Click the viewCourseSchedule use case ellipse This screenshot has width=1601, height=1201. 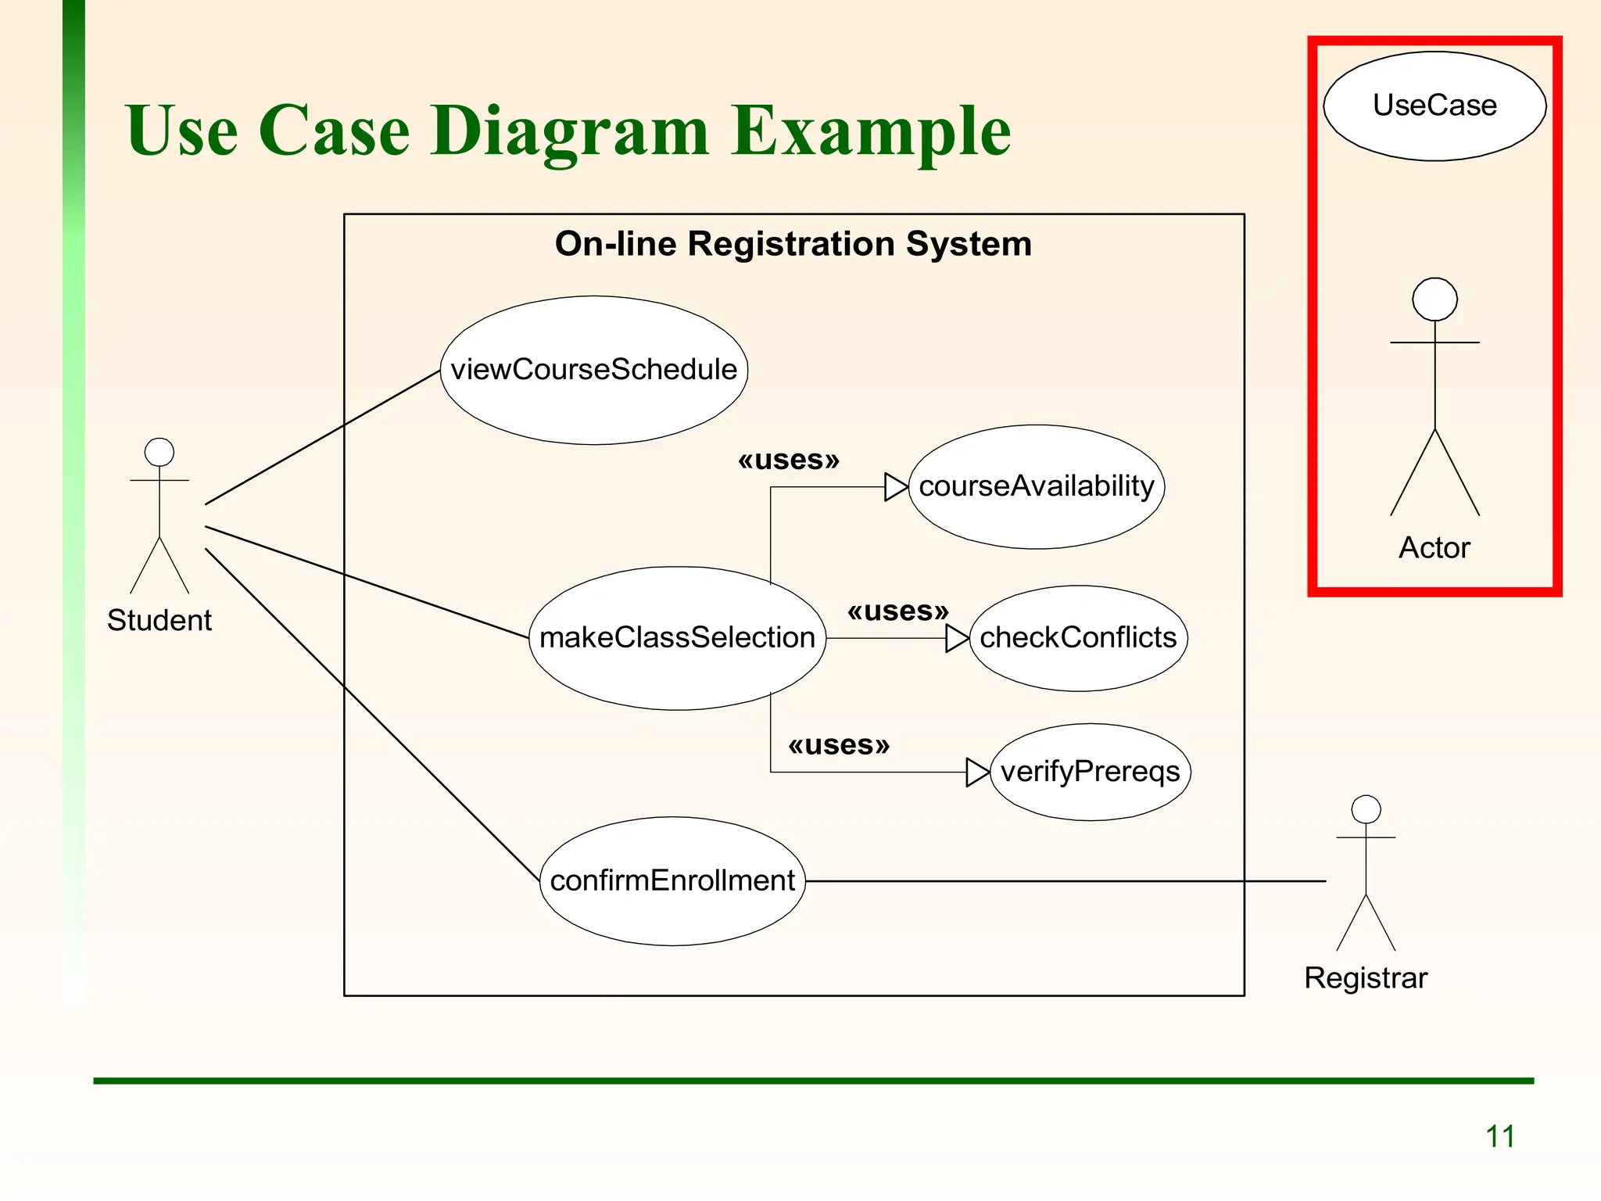594,370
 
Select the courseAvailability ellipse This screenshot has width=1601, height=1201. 1037,486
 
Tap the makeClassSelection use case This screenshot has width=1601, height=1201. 677,638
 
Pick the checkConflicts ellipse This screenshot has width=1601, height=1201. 1078,638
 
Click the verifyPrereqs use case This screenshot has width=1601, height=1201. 1090,772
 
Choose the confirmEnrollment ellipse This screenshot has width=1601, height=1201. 672,881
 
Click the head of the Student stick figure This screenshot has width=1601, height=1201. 159,452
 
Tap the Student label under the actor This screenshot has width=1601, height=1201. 159,620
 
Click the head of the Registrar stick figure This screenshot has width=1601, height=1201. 1366,809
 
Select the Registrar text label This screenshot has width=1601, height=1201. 1366,978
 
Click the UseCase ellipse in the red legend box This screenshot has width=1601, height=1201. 1434,106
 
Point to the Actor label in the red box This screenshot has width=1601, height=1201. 1434,547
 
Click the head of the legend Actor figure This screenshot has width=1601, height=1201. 1434,299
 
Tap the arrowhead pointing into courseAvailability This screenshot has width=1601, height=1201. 895,486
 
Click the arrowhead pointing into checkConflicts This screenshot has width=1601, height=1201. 956,638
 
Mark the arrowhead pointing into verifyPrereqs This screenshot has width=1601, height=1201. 977,772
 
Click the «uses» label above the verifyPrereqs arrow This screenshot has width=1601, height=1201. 839,744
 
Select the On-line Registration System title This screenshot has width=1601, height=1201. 793,244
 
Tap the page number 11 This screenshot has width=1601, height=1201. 1499,1136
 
